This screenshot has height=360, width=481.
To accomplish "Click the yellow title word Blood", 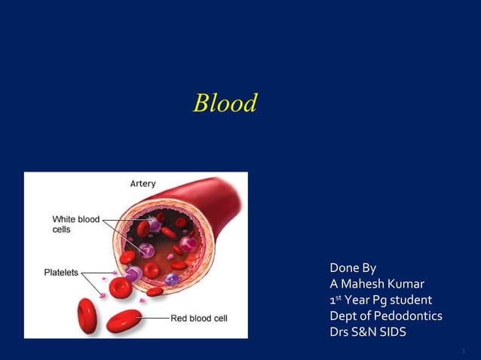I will [x=225, y=103].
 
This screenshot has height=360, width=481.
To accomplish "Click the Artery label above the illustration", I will [x=143, y=183].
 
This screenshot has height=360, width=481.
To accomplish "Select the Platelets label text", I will [x=60, y=273].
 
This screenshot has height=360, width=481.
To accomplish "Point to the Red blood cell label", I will [x=199, y=319].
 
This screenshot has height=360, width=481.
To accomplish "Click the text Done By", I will [x=353, y=268].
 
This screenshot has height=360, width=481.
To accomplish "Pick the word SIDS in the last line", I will [x=391, y=331].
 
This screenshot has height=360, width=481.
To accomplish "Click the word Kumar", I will [x=406, y=284].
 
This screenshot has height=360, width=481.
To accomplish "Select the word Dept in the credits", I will [x=344, y=316].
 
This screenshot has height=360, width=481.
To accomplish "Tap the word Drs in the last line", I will [x=340, y=331].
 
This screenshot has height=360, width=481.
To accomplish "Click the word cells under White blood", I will [x=62, y=229].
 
